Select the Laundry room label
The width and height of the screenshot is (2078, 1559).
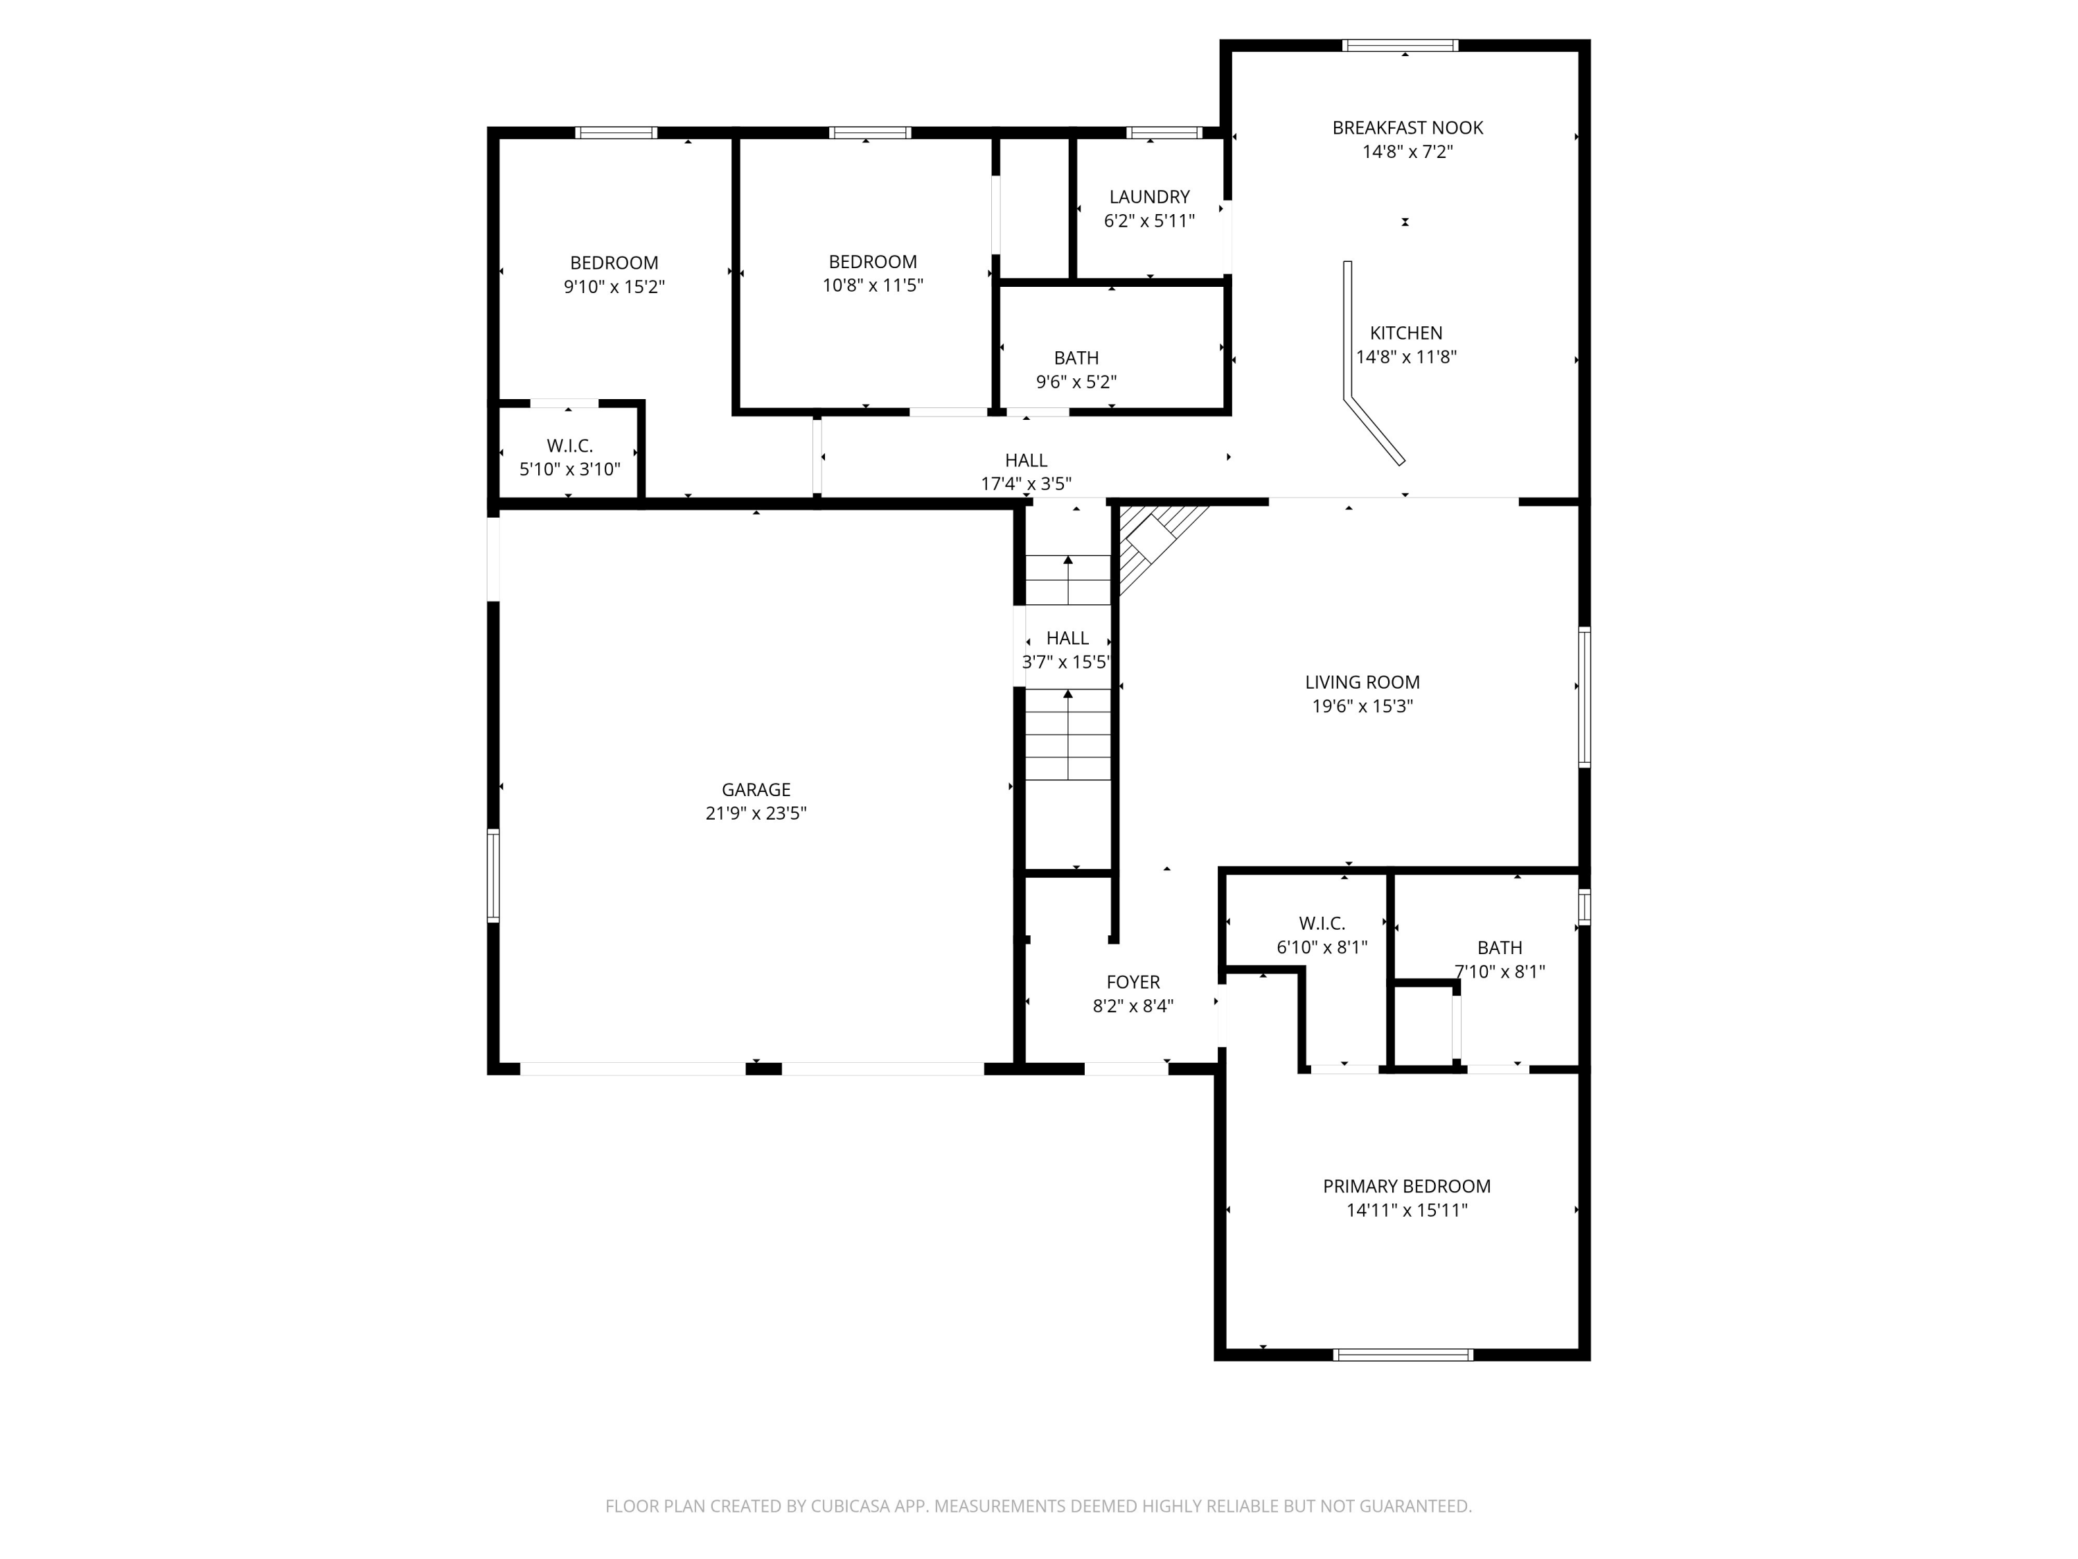click(1149, 196)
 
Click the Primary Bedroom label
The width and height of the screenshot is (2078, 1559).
click(1406, 1186)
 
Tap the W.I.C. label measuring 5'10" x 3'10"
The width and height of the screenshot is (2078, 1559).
click(569, 446)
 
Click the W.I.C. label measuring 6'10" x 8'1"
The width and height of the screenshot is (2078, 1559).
click(1321, 923)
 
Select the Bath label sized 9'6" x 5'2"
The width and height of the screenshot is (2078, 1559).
click(1076, 358)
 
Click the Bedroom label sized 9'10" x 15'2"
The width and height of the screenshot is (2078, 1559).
click(614, 263)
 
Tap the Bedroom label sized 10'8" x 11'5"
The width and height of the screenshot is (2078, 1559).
click(872, 261)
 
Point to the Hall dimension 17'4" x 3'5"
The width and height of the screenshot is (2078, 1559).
click(1025, 484)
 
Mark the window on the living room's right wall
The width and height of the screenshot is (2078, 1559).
click(1584, 696)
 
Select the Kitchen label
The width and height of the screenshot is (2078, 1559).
click(1405, 333)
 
